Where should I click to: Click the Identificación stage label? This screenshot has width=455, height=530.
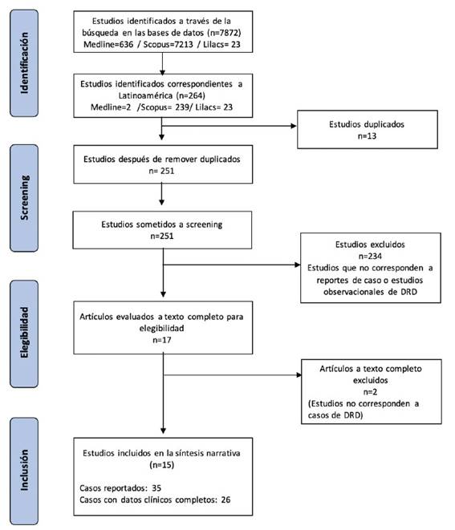click(24, 63)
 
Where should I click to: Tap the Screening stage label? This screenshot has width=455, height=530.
click(24, 198)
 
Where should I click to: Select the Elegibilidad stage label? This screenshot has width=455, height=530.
click(24, 333)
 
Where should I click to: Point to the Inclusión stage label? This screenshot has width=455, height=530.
click(24, 470)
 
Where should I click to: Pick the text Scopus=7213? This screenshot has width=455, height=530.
click(169, 44)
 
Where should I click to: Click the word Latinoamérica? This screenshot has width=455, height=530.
click(145, 95)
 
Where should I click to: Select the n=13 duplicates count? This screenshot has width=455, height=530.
click(367, 136)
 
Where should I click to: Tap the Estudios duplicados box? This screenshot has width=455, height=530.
click(368, 129)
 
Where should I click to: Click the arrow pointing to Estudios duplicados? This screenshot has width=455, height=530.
click(229, 126)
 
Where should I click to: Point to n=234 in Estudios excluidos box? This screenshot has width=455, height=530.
click(370, 256)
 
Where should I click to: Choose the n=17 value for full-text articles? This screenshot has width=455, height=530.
click(162, 340)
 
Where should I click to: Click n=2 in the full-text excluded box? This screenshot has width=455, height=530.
click(370, 392)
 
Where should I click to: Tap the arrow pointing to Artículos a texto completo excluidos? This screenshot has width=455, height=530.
click(232, 375)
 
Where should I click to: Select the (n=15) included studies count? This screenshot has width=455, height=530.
click(162, 465)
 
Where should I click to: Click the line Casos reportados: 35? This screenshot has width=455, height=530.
click(120, 488)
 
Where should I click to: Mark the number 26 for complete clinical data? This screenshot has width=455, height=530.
click(225, 500)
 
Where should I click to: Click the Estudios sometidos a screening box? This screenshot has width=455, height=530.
click(162, 230)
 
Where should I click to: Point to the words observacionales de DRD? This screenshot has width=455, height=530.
click(370, 292)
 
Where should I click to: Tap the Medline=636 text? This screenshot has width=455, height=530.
click(108, 44)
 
